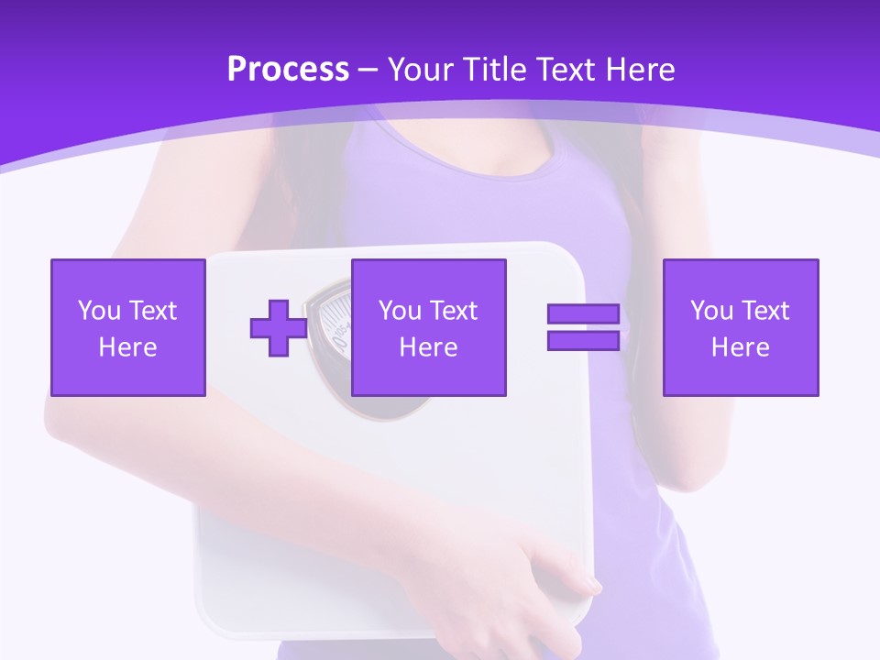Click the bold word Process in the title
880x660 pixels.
(288, 70)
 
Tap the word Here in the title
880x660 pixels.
(639, 70)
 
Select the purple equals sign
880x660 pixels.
(583, 327)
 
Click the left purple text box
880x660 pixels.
(127, 327)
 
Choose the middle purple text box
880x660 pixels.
(428, 327)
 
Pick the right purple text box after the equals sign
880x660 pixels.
(740, 327)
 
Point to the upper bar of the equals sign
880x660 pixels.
(583, 314)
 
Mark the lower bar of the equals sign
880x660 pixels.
(583, 340)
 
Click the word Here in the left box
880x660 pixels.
(127, 347)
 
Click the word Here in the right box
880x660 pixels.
(740, 347)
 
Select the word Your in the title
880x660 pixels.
(418, 70)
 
